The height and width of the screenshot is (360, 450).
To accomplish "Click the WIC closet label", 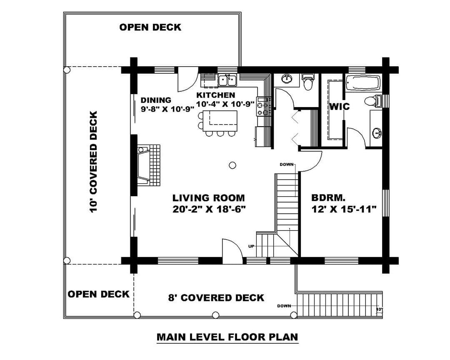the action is coord(340,107).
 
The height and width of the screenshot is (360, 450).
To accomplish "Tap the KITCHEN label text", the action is coord(215,95).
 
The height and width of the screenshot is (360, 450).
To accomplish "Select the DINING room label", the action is coord(156,100).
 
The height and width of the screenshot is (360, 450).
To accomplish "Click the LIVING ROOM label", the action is coord(209,198).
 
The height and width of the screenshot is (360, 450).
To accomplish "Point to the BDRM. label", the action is coord(328,198).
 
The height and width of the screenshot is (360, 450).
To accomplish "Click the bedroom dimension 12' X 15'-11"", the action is coord(344,209).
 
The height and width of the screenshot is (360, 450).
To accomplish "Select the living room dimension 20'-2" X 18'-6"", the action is coord(209,209).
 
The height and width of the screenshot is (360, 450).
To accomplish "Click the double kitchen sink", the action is coord(227,80).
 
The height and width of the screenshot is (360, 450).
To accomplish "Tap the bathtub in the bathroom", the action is coord(363,82).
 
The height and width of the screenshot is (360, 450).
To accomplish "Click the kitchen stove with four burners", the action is coord(264,106).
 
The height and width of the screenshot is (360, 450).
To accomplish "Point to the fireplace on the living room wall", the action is coord(148,165).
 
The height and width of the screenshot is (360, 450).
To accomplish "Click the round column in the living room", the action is coord(232,165).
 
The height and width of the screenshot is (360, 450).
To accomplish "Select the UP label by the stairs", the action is coord(251,246).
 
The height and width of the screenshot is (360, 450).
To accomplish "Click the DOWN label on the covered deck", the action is coord(284,306).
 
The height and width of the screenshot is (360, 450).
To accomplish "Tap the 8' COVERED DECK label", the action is coord(216,298).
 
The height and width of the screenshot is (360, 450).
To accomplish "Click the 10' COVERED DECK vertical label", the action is coord(93,162).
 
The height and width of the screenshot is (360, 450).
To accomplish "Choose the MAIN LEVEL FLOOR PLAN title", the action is coord(227,337).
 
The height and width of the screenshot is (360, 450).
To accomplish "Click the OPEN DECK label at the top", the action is coord(150,27).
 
